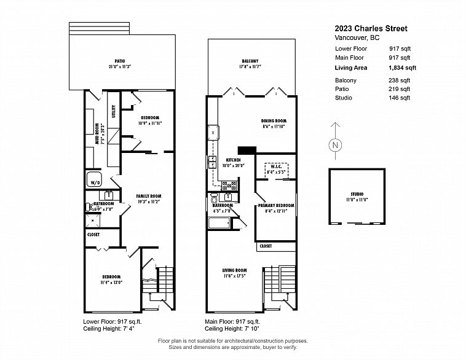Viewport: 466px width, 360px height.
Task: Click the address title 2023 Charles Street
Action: [371, 28]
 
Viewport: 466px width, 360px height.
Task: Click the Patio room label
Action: [120, 61]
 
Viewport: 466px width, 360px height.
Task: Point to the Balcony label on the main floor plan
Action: [249, 61]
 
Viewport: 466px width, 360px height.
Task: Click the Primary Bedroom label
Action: [275, 205]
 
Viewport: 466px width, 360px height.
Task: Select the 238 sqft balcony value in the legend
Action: [400, 80]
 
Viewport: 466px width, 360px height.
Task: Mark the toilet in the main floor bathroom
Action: [213, 198]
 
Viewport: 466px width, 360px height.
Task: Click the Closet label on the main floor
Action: [266, 246]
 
